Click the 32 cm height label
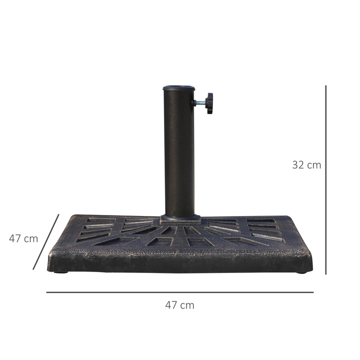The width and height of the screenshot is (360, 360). (x=306, y=164)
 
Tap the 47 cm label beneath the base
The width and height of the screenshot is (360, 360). (x=179, y=305)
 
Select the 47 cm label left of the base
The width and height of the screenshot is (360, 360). (x=23, y=238)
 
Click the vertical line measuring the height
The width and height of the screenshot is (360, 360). (x=325, y=180)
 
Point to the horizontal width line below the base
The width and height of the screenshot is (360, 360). (x=180, y=292)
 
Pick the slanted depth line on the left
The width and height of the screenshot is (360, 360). (x=46, y=242)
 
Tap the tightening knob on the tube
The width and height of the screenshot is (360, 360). (x=208, y=103)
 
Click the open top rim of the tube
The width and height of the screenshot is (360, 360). (x=178, y=88)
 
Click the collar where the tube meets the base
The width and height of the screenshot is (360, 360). (x=179, y=218)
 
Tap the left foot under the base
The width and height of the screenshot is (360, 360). (x=61, y=272)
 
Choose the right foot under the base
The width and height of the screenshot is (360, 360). (x=301, y=272)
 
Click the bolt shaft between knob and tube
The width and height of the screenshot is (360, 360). (x=198, y=103)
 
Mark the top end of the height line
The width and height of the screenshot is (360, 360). (x=325, y=86)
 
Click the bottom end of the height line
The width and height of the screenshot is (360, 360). (x=325, y=274)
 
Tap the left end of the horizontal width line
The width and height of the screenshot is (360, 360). (x=47, y=292)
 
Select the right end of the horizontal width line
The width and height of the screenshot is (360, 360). (x=313, y=292)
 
